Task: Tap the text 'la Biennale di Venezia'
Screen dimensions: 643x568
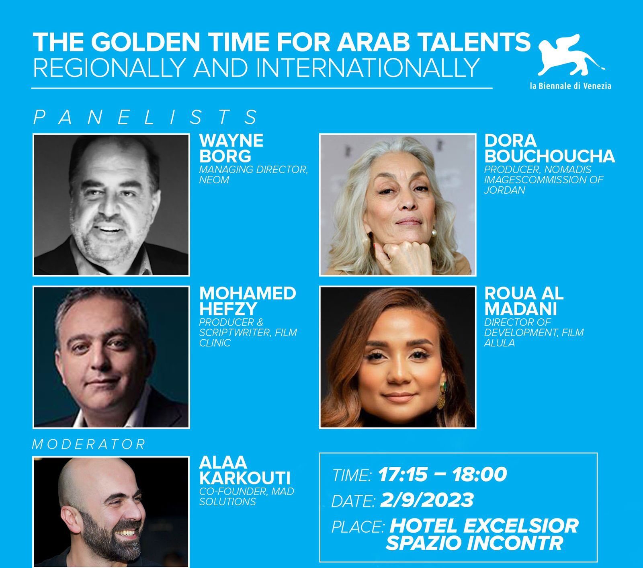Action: [570, 86]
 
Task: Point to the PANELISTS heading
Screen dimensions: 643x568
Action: [146, 117]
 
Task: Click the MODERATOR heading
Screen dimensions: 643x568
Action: [89, 444]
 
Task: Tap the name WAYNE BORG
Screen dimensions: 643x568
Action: [231, 148]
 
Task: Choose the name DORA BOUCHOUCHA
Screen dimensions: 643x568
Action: [549, 148]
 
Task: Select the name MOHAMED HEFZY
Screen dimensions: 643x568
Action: [248, 301]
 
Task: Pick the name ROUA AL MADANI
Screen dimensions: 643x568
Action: [524, 301]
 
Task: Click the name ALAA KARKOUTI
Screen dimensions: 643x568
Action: [245, 470]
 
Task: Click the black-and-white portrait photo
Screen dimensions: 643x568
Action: [111, 205]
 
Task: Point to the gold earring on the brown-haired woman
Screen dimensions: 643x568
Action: [440, 396]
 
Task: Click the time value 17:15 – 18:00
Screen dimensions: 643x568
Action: [442, 474]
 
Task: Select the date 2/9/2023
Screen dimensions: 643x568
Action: [426, 500]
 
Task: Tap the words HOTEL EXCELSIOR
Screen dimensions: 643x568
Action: [484, 525]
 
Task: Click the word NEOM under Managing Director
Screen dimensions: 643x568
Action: [214, 180]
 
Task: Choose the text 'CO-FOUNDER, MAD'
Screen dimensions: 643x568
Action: [247, 491]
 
